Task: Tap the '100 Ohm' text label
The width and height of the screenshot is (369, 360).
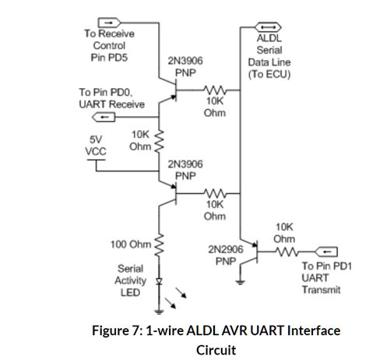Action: coord(130,245)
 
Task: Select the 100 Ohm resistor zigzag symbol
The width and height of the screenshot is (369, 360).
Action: coord(160,245)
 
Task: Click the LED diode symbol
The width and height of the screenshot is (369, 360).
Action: coord(160,283)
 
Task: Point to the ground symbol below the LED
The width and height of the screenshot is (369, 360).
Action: coord(160,302)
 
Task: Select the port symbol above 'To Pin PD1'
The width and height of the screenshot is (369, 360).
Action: coord(328,251)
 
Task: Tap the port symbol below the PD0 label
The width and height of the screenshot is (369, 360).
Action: coord(104,117)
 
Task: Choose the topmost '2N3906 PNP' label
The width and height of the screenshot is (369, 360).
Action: coord(185,65)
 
